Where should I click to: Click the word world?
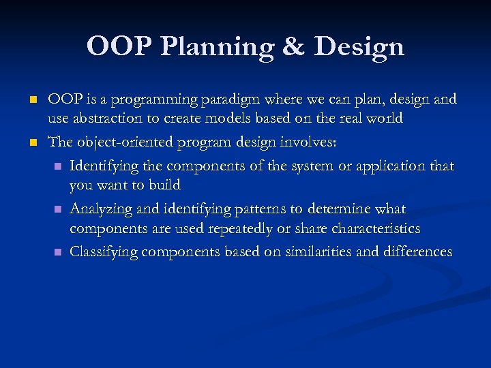[x=384, y=118]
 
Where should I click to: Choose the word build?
[x=165, y=185]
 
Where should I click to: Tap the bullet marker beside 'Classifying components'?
[x=58, y=252]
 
